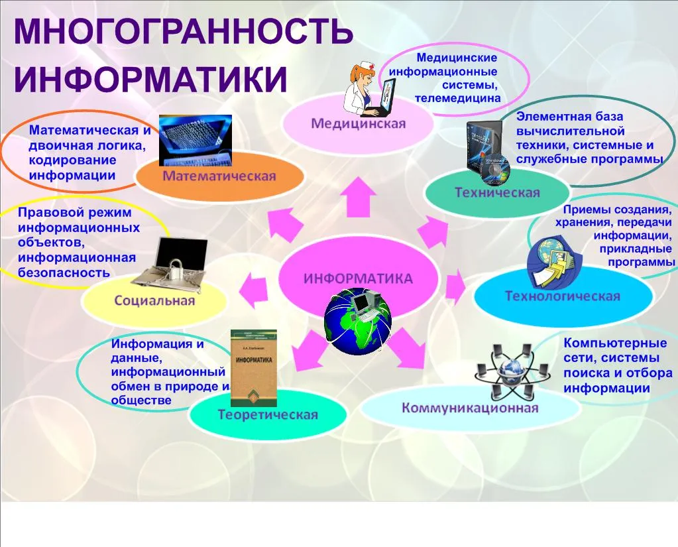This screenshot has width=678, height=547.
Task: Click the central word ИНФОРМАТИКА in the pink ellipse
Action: pyautogui.click(x=358, y=278)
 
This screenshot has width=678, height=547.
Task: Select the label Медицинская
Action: pyautogui.click(x=359, y=124)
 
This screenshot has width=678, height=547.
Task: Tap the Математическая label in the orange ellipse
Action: pyautogui.click(x=219, y=176)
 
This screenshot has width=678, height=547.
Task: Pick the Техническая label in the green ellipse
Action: pyautogui.click(x=497, y=192)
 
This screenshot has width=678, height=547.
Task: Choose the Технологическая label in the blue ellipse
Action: pyautogui.click(x=563, y=296)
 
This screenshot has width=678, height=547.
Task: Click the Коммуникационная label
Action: pyautogui.click(x=470, y=408)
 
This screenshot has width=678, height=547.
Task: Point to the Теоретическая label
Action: pyautogui.click(x=268, y=414)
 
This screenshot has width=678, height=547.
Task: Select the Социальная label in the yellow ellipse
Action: pyautogui.click(x=154, y=300)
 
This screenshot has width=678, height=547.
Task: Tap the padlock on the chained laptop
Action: pyautogui.click(x=176, y=269)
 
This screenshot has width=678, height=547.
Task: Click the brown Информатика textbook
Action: pyautogui.click(x=254, y=368)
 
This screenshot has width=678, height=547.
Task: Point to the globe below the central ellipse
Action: pyautogui.click(x=358, y=322)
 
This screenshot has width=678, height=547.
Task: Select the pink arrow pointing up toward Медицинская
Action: pyautogui.click(x=358, y=197)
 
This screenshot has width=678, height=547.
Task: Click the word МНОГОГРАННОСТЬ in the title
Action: pyautogui.click(x=184, y=32)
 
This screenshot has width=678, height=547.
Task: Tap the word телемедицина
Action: pyautogui.click(x=457, y=98)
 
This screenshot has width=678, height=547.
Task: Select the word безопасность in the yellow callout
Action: pyautogui.click(x=64, y=273)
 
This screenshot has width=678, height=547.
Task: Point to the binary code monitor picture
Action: pyautogui.click(x=196, y=141)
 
